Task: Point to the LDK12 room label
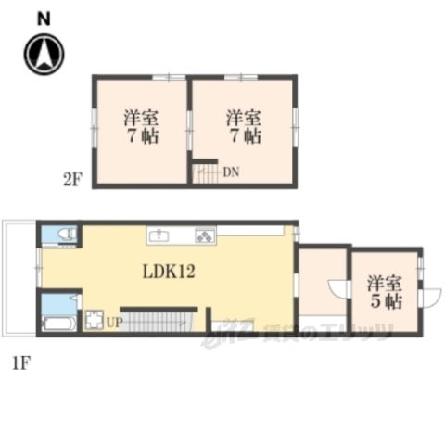(x=168, y=273)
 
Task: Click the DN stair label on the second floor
(x=231, y=171)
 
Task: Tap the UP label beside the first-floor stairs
(x=113, y=322)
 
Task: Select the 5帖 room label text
(x=387, y=301)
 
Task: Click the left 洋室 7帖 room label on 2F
(x=142, y=127)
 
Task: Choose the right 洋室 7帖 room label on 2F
(x=244, y=127)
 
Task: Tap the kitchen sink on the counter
(x=159, y=235)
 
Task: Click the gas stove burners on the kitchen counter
(x=204, y=235)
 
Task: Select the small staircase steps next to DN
(x=205, y=172)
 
